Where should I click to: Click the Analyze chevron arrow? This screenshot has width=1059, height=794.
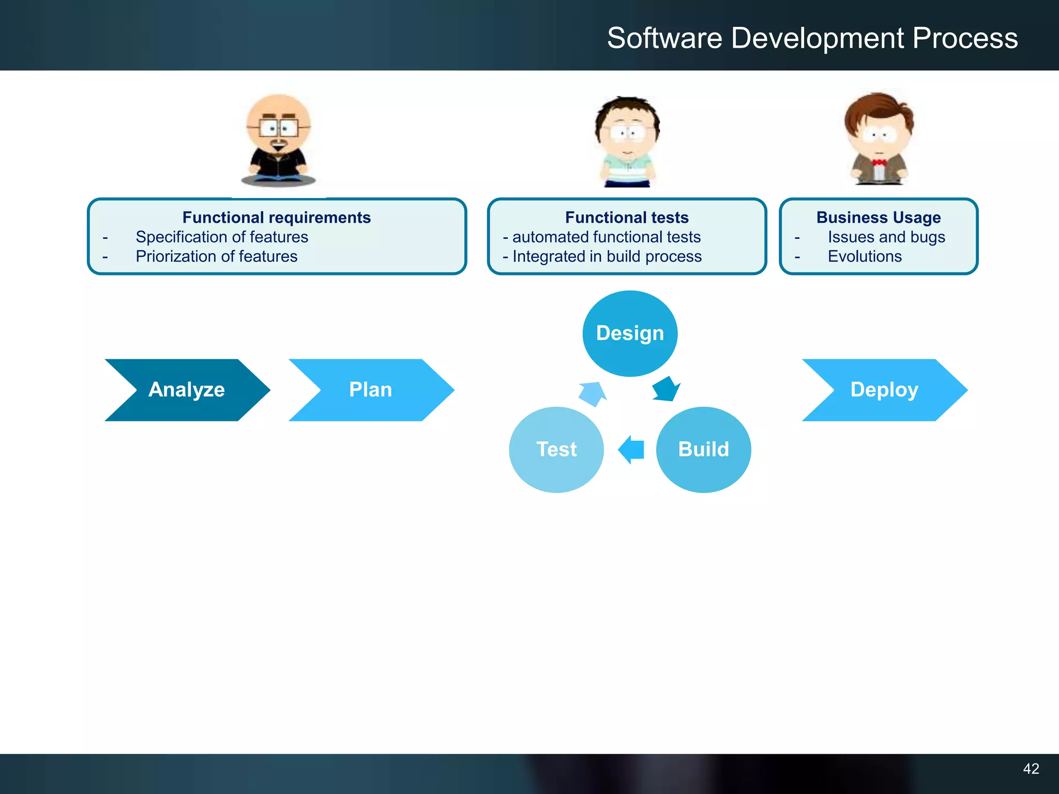[187, 390]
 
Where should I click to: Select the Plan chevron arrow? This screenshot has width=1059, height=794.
[371, 390]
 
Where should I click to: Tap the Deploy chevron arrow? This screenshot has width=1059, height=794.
[884, 390]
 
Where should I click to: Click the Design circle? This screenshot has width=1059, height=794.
[630, 333]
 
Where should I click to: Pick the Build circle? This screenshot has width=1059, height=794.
[703, 449]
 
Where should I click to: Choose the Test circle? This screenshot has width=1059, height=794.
[556, 449]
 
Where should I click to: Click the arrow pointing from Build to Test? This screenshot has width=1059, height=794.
[631, 449]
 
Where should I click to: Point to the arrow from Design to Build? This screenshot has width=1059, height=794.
[666, 389]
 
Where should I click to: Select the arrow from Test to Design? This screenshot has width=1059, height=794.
[593, 394]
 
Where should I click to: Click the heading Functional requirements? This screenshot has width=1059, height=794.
[277, 218]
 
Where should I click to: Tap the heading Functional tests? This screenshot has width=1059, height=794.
[627, 218]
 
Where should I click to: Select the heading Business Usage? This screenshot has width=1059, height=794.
[879, 218]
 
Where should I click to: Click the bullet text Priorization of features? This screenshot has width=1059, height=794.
[217, 256]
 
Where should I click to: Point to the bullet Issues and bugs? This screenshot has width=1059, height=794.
[886, 237]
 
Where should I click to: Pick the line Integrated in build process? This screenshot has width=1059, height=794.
[607, 256]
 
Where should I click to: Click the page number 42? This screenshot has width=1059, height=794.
[1031, 769]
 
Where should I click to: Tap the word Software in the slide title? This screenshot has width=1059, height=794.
[664, 38]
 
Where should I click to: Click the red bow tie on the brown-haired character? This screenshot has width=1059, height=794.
[879, 163]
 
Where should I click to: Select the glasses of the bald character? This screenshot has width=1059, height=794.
[279, 127]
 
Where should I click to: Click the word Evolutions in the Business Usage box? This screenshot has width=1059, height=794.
[865, 256]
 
